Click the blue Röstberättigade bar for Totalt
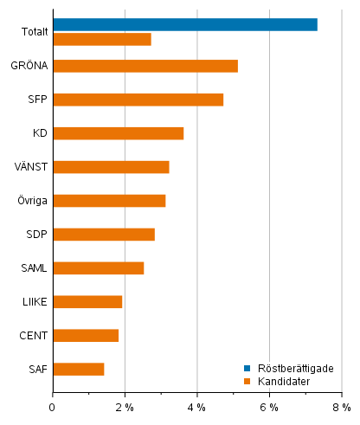coord(184,24)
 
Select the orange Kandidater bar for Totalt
coord(101,39)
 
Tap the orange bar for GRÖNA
coord(145,66)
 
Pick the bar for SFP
coord(138,100)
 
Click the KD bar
coord(118,133)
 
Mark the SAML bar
coord(98,268)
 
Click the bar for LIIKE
coord(87,302)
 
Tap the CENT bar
coord(86,336)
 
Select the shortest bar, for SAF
coord(78,370)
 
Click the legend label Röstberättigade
coord(294,368)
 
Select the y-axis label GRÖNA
coord(29,66)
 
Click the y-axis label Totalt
coord(35,32)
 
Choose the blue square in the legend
coord(247,368)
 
